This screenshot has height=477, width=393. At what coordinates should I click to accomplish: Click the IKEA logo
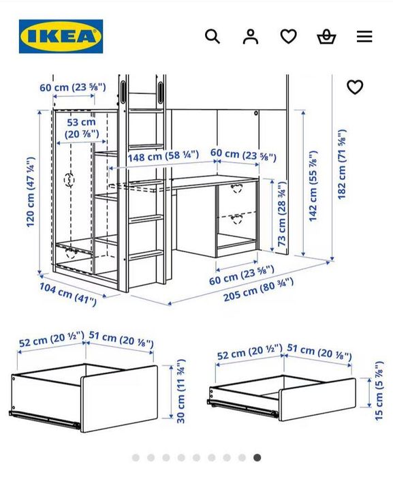point(61,36)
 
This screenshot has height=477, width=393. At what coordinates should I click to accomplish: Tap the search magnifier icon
point(213,36)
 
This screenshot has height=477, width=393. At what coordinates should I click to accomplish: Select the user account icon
point(251,36)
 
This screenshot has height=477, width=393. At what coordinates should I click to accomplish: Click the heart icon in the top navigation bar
point(289,36)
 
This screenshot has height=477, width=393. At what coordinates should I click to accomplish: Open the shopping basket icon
point(327,36)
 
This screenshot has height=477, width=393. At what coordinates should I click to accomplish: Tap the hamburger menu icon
point(364,36)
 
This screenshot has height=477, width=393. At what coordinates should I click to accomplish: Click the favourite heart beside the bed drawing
point(355,87)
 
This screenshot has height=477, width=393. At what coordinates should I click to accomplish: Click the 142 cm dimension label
point(313,185)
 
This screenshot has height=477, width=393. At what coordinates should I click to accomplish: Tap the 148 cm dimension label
point(163,156)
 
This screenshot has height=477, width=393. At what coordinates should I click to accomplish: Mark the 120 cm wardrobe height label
point(31,192)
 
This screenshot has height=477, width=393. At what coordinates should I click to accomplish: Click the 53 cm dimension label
point(82,127)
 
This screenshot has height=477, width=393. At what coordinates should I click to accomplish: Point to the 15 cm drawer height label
point(379,392)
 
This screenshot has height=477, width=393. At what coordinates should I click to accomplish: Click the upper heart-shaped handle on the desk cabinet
point(237,187)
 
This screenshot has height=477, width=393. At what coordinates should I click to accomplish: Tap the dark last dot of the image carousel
point(257,458)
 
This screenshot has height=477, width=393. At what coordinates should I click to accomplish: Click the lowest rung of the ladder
point(146,254)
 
